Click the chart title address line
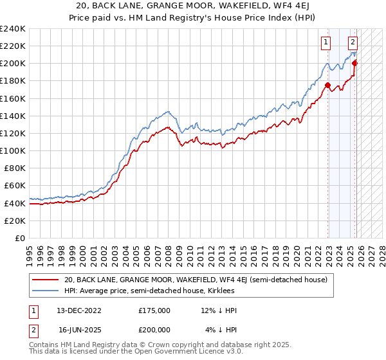[x=193, y=6]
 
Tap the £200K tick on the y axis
[x=13, y=64]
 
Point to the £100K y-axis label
[x=13, y=150]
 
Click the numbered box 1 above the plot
[x=327, y=43]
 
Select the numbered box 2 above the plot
[x=353, y=43]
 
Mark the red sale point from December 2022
[x=328, y=85]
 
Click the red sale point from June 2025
[x=354, y=63]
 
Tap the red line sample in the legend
[x=45, y=280]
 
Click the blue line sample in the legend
[x=45, y=291]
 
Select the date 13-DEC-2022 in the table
[x=80, y=310]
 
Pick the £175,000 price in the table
[x=154, y=310]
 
